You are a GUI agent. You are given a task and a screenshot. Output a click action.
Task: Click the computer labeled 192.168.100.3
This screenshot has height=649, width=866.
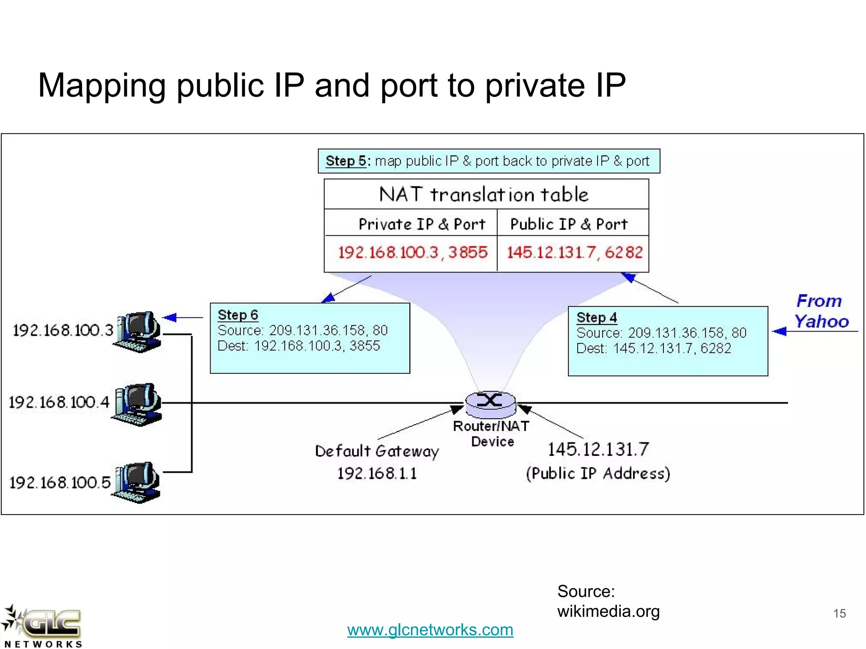click(x=137, y=331)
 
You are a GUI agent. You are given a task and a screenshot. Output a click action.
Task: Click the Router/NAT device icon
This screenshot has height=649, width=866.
click(x=491, y=403)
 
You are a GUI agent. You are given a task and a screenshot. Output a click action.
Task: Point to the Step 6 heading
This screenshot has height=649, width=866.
click(x=238, y=315)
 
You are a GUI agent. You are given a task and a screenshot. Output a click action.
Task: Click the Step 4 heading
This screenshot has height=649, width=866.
click(x=597, y=317)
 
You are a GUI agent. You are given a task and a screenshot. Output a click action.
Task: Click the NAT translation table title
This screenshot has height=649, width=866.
click(x=484, y=194)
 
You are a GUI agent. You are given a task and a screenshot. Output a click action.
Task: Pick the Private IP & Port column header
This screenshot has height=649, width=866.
click(x=422, y=224)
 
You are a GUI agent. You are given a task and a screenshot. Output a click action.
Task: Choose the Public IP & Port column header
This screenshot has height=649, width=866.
click(x=569, y=224)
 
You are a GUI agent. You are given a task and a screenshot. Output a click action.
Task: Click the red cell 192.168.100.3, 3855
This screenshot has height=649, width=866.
click(x=412, y=253)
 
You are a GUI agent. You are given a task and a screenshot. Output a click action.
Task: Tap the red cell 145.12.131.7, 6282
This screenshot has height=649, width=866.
click(x=574, y=253)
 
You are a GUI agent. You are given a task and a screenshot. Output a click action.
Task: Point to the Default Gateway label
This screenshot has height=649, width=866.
click(x=377, y=451)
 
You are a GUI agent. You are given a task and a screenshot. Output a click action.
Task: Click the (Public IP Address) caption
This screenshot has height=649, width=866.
click(x=598, y=473)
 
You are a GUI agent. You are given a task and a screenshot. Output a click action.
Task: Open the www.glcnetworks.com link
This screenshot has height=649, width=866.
click(x=430, y=630)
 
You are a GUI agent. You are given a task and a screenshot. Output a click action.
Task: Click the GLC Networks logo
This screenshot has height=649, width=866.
click(x=42, y=625)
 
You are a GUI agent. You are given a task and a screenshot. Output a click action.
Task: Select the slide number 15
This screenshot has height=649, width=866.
click(x=839, y=613)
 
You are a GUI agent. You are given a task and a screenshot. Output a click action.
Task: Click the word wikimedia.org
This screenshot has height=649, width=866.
click(x=608, y=611)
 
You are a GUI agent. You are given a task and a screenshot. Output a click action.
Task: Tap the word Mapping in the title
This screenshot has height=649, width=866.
click(x=101, y=86)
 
